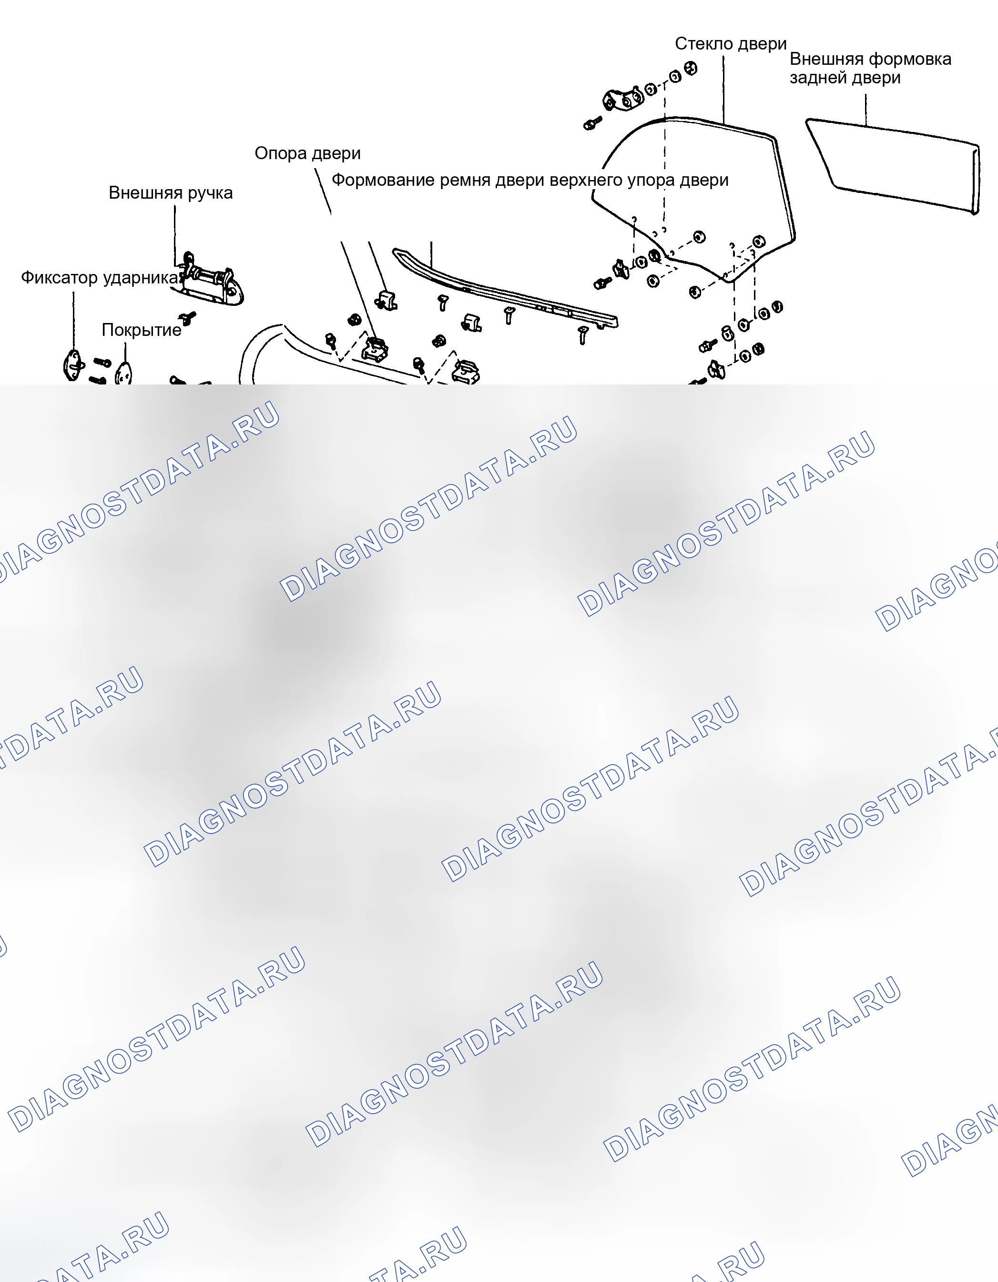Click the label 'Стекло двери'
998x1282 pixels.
click(x=730, y=44)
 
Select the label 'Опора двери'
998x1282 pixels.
click(x=307, y=154)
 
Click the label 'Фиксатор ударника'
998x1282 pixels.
click(x=100, y=278)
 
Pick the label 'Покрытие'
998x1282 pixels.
click(x=142, y=330)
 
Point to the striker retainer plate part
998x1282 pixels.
click(x=72, y=364)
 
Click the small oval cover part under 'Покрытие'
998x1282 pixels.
click(x=124, y=373)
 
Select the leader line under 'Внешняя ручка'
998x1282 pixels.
click(x=174, y=235)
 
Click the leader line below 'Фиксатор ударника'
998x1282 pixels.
click(x=73, y=321)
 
